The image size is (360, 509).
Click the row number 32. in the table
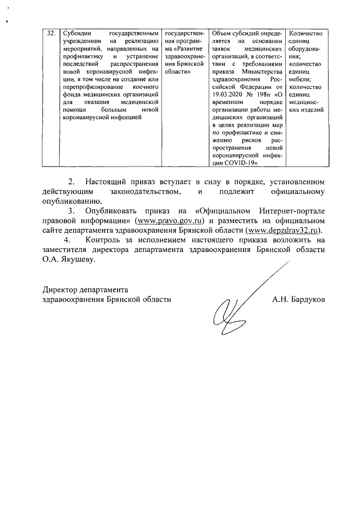point(51,33)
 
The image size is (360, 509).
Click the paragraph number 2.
point(71,182)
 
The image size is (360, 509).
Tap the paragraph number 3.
point(71,210)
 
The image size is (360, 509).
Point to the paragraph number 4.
point(71,240)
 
